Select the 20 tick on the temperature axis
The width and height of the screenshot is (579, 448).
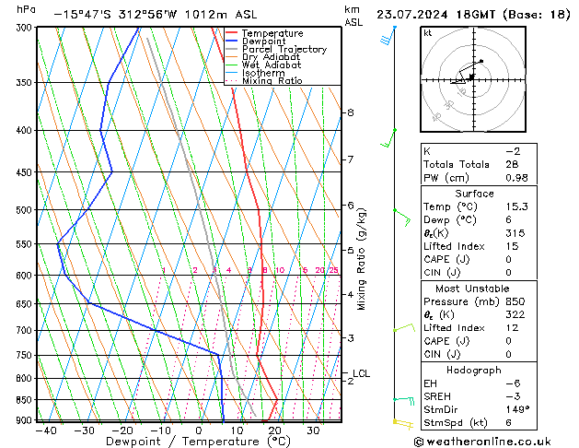coord(275,430)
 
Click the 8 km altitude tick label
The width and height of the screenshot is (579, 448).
coord(350,112)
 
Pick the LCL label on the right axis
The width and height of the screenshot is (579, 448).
coord(361,373)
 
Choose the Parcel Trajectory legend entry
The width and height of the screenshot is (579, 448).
coord(284,50)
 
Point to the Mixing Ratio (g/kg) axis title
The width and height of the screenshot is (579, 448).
coord(362,259)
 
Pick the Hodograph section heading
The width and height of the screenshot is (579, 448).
coord(473,370)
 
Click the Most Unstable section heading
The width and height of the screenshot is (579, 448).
coord(473,288)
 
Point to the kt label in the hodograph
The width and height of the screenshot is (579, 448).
coord(428,32)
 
